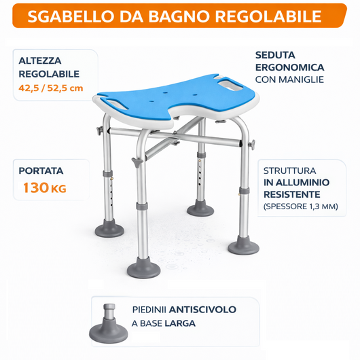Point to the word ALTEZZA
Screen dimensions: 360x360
pyautogui.click(x=41, y=60)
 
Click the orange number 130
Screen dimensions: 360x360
pyautogui.click(x=36, y=188)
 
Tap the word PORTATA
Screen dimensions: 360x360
pyautogui.click(x=41, y=170)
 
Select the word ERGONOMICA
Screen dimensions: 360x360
pyautogui.click(x=289, y=67)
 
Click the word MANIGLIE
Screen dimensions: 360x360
pyautogui.click(x=300, y=80)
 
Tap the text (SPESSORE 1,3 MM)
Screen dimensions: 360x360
pyautogui.click(x=300, y=206)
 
